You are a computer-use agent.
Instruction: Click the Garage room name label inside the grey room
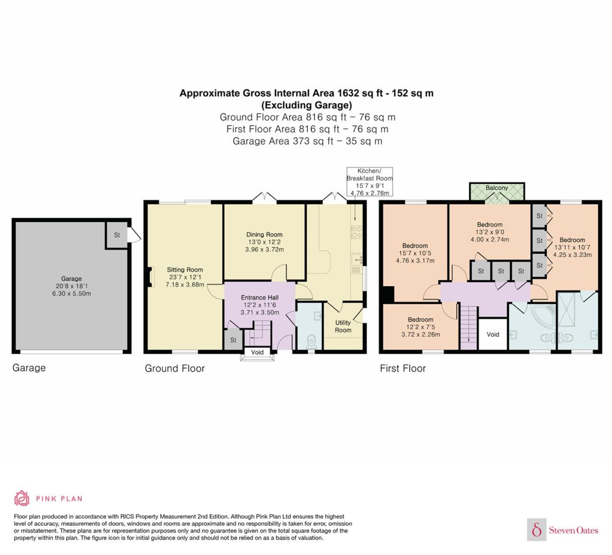tap(71, 278)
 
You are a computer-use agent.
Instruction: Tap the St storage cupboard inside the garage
tap(117, 235)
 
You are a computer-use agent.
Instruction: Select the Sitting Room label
tap(184, 270)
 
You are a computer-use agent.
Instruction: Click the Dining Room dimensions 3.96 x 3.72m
tap(264, 249)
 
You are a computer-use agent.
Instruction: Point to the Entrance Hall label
tap(260, 298)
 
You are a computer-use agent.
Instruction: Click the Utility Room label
tap(343, 326)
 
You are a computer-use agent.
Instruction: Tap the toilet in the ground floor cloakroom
tap(311, 342)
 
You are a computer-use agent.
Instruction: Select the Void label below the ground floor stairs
tap(257, 352)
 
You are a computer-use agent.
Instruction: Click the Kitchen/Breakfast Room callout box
tap(369, 181)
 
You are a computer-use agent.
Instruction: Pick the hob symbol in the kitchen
tap(356, 232)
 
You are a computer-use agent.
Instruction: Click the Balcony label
tap(497, 187)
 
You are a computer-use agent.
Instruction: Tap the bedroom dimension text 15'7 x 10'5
tap(415, 253)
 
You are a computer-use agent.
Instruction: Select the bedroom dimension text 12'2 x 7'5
tap(421, 327)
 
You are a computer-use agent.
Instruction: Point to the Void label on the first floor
tap(493, 334)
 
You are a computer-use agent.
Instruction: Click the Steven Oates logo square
tap(537, 529)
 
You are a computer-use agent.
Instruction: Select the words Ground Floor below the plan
tap(174, 368)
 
